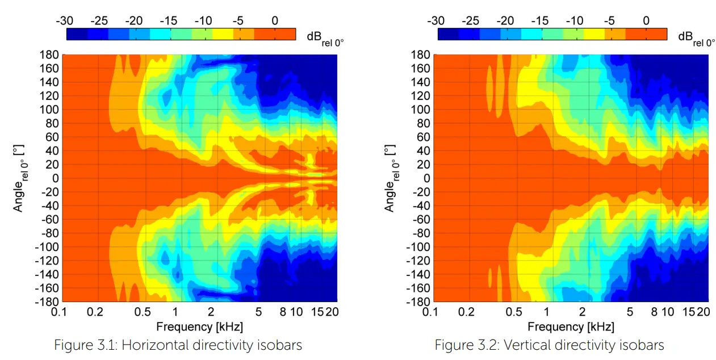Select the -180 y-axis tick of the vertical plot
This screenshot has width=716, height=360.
pos(418,302)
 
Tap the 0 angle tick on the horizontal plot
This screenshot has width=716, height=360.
pos(54,178)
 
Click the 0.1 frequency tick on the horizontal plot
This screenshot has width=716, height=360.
pos(62,312)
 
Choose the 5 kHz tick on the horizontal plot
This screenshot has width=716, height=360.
pos(258,312)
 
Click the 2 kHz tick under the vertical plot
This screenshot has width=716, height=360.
pos(582,312)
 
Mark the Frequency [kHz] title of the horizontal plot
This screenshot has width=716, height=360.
pos(199,326)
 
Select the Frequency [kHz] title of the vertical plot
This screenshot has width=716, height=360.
pos(571,326)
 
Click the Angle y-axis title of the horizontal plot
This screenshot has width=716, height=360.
pos(20,178)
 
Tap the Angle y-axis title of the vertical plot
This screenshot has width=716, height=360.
pos(391,178)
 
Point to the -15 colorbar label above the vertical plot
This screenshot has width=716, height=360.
pos(540,21)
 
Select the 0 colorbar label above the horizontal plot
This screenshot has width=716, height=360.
pos(275,21)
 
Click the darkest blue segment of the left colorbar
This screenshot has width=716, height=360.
pos(77,34)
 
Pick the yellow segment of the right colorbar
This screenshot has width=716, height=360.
pos(594,34)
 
